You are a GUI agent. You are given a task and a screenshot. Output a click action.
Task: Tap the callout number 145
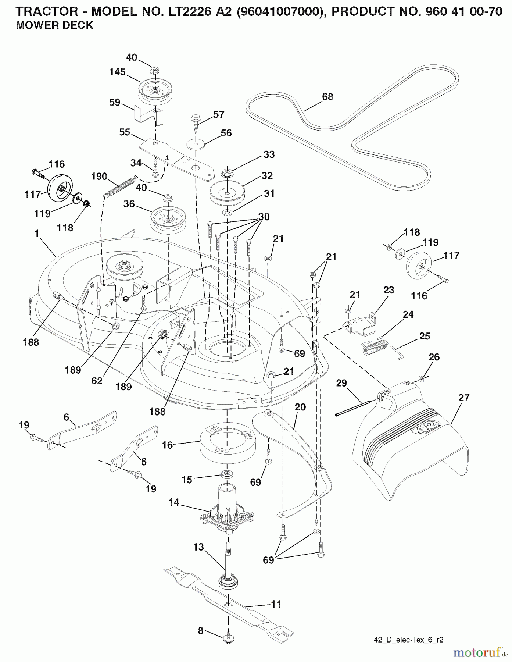[117, 72]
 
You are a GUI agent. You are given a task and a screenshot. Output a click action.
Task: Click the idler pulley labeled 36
[167, 219]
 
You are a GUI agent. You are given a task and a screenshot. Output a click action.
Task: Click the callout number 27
[464, 398]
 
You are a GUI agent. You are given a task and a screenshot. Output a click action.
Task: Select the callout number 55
[125, 132]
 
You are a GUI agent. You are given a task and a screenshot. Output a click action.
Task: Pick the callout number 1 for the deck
[36, 233]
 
